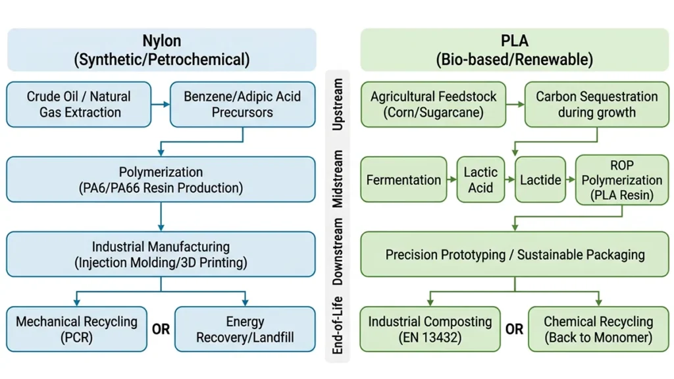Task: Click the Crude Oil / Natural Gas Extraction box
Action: [x=79, y=104]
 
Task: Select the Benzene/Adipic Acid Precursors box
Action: [x=242, y=104]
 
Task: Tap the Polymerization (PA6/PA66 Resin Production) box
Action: [x=161, y=180]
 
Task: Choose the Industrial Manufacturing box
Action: [x=161, y=255]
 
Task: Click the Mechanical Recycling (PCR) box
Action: [x=76, y=329]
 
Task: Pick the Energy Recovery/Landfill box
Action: [x=244, y=329]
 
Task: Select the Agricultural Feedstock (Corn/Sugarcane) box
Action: [x=433, y=104]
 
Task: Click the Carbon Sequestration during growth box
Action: [x=596, y=104]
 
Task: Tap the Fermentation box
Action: [x=403, y=180]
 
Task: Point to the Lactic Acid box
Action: [x=480, y=180]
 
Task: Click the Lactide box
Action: [x=540, y=180]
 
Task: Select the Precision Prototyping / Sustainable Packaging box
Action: [x=515, y=255]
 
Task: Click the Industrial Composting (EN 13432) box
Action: [x=430, y=329]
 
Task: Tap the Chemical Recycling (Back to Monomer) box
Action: [x=598, y=329]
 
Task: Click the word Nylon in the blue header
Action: [x=161, y=41]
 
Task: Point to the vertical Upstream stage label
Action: [x=338, y=105]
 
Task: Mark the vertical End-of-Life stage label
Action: [x=338, y=329]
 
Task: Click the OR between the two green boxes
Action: [x=515, y=329]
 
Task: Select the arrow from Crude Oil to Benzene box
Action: [x=161, y=104]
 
